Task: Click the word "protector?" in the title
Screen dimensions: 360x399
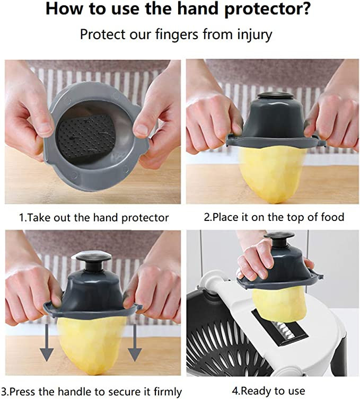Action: (267, 9)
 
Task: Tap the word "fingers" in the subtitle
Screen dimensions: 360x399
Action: (176, 34)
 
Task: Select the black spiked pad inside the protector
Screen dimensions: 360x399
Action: (86, 138)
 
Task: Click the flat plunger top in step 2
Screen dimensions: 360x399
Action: (275, 96)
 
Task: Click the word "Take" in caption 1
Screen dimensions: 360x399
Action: (38, 218)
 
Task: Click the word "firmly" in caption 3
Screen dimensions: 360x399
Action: (168, 392)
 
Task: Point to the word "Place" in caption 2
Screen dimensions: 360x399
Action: (225, 217)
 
